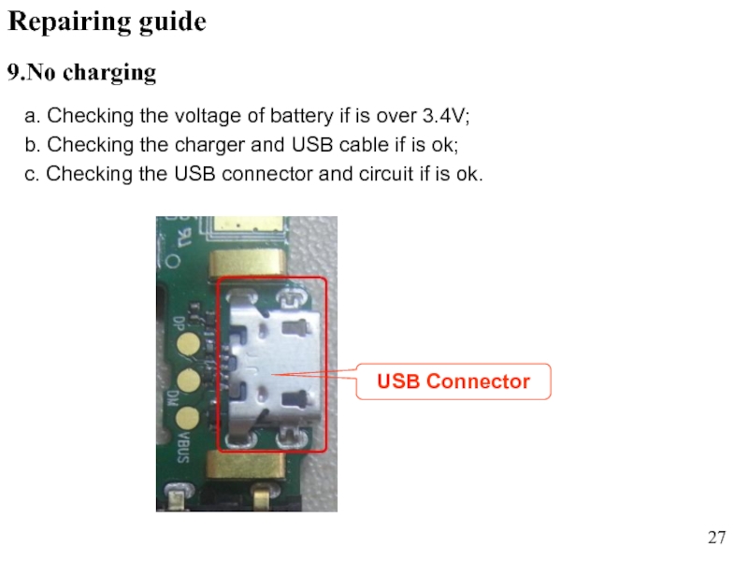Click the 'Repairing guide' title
tap(108, 22)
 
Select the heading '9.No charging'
tap(81, 73)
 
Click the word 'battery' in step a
tap(301, 116)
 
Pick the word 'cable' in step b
tap(364, 145)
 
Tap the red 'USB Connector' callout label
tap(453, 381)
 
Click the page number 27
tap(716, 538)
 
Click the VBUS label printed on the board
tap(183, 447)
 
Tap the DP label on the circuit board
tap(180, 324)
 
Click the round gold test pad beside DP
tap(189, 344)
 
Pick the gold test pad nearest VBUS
tap(188, 418)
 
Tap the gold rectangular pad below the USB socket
tap(246, 466)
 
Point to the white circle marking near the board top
tap(173, 261)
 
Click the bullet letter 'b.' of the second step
tap(33, 145)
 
